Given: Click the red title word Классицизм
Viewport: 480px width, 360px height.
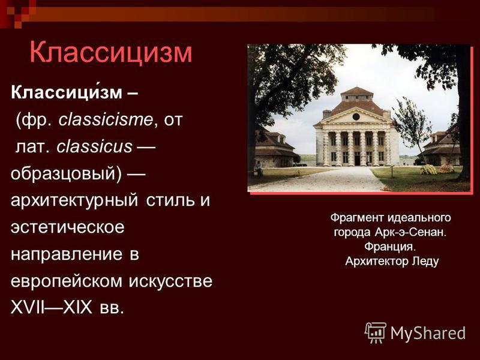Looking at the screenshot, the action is pos(111,52).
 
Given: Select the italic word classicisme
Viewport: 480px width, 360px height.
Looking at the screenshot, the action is pos(106,119).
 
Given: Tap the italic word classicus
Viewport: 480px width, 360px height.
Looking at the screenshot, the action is pos(94,146).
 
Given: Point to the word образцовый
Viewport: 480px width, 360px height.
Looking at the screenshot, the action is pos(66,174).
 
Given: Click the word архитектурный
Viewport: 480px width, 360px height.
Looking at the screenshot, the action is pos(74,201).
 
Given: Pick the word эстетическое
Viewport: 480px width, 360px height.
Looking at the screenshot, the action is pos(68,227).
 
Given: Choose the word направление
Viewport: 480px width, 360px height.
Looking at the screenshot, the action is pos(67,254).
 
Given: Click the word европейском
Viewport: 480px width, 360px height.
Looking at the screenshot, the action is pos(67,281).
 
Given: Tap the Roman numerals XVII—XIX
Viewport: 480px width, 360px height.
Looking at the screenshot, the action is pos(52,307).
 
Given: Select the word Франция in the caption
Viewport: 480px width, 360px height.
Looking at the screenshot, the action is pos(390,247).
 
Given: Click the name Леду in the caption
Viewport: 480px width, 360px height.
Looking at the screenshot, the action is pos(425,261).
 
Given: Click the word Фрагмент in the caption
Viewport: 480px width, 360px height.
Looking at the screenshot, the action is pos(357,218).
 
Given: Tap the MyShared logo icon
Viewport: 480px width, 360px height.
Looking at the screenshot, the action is pos(376,332).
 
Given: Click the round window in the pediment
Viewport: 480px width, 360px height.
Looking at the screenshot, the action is pos(356,116).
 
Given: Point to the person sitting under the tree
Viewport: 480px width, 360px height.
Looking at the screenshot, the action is pos(259,169).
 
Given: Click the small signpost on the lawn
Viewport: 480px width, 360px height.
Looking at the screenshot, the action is pos(392,170).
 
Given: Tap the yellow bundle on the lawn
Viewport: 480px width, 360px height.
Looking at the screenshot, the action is pos(428,169).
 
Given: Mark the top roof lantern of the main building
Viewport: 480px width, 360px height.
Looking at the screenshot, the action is pos(357,94).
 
